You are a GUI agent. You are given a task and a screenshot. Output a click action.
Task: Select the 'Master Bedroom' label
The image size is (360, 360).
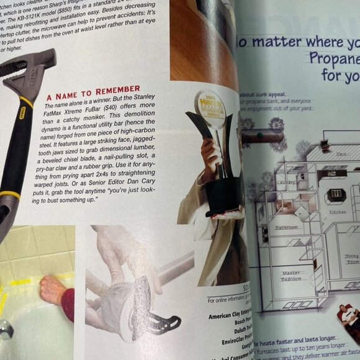(290, 276)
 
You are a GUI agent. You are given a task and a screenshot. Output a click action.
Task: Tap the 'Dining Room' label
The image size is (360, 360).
(351, 258)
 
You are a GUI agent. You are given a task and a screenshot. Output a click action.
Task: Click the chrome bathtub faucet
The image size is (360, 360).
(5, 329)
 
